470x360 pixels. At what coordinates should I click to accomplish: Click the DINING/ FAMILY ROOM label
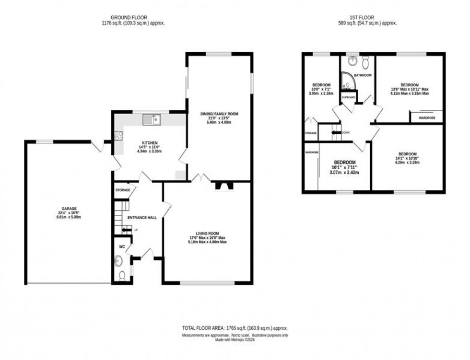click(219, 114)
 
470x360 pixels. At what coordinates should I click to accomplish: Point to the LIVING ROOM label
click(208, 233)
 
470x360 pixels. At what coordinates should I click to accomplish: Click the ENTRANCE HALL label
click(141, 218)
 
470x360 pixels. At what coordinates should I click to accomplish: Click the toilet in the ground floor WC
click(122, 276)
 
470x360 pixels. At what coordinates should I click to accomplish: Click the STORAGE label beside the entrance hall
click(123, 190)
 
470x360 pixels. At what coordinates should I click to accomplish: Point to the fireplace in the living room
click(223, 186)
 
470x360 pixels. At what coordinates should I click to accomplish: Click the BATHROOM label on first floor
click(363, 75)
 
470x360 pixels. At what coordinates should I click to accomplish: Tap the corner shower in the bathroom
click(347, 82)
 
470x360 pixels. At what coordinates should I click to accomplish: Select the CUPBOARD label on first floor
click(348, 97)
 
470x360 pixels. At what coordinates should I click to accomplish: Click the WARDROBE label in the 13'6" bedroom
click(427, 117)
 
